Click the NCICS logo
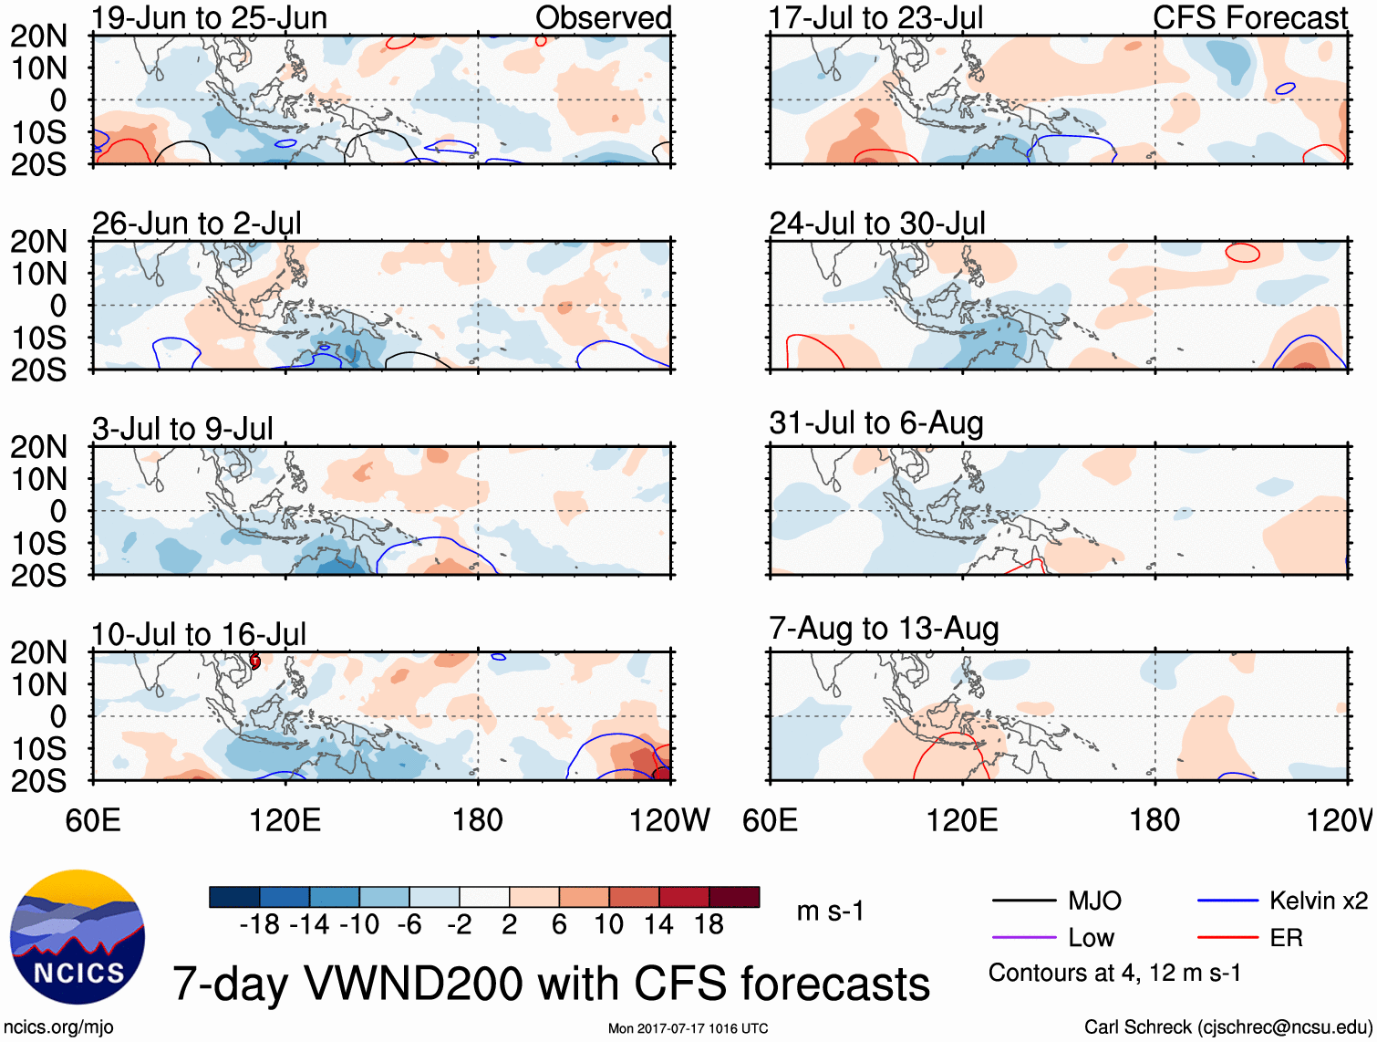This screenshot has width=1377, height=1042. [77, 937]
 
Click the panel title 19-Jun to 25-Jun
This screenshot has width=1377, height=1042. [209, 18]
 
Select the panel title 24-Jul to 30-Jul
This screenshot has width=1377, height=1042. [877, 224]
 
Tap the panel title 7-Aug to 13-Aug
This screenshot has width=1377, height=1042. [884, 629]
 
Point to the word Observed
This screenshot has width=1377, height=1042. [603, 18]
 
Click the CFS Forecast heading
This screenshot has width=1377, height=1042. [1249, 18]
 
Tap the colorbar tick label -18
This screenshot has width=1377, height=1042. [259, 925]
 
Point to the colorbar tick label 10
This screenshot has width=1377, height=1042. [608, 925]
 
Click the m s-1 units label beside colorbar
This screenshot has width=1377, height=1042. [830, 912]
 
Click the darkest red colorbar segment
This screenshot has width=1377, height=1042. [734, 897]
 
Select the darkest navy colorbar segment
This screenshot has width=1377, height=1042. [234, 897]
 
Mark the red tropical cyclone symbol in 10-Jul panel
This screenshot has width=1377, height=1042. [255, 661]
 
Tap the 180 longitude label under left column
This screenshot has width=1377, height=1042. [478, 820]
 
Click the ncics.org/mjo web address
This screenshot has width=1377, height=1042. [58, 1027]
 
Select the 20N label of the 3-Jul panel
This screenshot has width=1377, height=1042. [39, 447]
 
